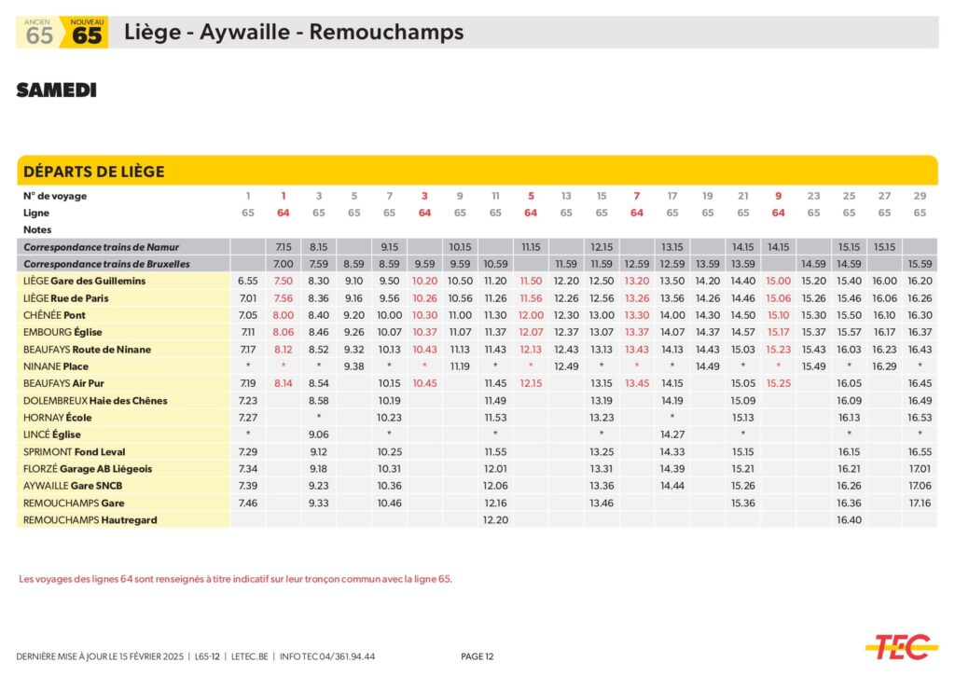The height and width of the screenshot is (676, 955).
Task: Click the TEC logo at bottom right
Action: [x=900, y=645]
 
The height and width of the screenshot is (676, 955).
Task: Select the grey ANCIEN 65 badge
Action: [x=39, y=32]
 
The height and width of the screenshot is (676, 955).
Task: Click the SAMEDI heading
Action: [x=56, y=90]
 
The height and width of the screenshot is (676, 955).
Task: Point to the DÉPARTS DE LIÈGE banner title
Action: [x=93, y=172]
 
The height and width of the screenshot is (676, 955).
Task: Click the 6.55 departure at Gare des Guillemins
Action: [x=248, y=281]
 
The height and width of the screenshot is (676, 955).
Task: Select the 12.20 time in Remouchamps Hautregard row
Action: [x=495, y=519]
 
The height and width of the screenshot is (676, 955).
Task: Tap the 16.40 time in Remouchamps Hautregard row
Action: [x=850, y=519]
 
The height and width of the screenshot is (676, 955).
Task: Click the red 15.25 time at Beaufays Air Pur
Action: [x=778, y=383]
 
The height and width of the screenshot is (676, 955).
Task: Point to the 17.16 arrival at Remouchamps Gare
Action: [x=920, y=503]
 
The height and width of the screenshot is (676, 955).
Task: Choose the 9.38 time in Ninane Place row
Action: [x=353, y=366]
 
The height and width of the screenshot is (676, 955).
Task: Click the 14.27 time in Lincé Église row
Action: [x=671, y=435]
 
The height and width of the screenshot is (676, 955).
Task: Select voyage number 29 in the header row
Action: [x=920, y=196]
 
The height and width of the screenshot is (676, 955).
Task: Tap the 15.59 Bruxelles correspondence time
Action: [x=920, y=264]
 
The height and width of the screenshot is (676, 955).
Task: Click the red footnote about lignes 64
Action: [x=235, y=579]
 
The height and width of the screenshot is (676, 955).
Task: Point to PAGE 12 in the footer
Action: [x=477, y=656]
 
